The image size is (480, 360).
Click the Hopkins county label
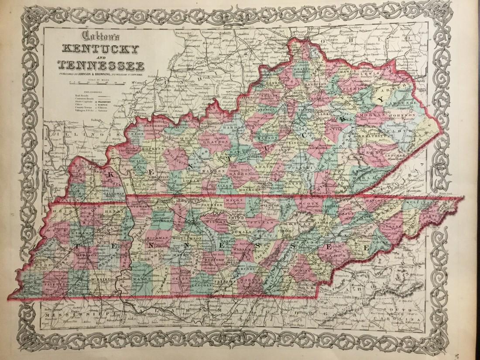pyautogui.click(x=153, y=137)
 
